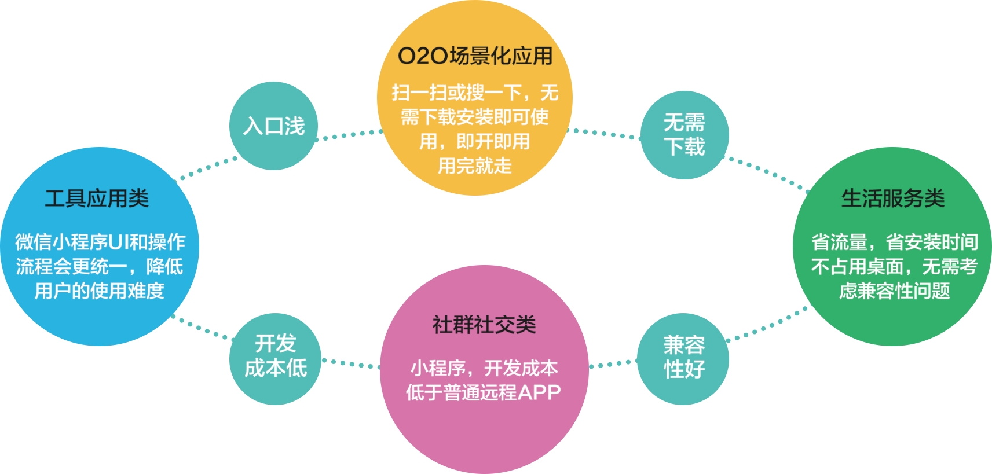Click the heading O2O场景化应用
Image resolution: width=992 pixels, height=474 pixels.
pos(475,56)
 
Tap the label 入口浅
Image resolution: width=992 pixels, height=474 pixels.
pos(273,126)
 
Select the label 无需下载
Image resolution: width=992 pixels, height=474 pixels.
pos(684,135)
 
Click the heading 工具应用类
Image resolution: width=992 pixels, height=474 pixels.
pos(97,199)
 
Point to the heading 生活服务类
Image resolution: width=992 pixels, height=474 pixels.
pos(892,199)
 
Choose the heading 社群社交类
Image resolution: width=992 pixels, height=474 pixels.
pos(484,325)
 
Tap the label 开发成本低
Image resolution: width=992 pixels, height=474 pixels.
pos(276,356)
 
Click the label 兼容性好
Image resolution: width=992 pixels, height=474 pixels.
pos(684,357)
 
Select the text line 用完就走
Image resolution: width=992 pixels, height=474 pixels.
pos(474,166)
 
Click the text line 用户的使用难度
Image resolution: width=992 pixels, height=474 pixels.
pos(100,291)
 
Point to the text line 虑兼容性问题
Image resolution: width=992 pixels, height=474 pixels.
pos(894,291)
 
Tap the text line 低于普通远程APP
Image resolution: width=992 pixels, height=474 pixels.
pos(483,392)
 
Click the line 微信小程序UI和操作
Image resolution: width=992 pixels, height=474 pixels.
pos(100,242)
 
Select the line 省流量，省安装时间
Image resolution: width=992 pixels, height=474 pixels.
pos(894,242)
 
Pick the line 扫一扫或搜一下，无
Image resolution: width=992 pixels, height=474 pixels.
pos(474,93)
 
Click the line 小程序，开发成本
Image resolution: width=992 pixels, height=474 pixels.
pos(484,368)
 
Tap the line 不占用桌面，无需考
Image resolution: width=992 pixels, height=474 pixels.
pos(894,266)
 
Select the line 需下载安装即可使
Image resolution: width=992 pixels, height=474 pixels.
pos(474,117)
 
